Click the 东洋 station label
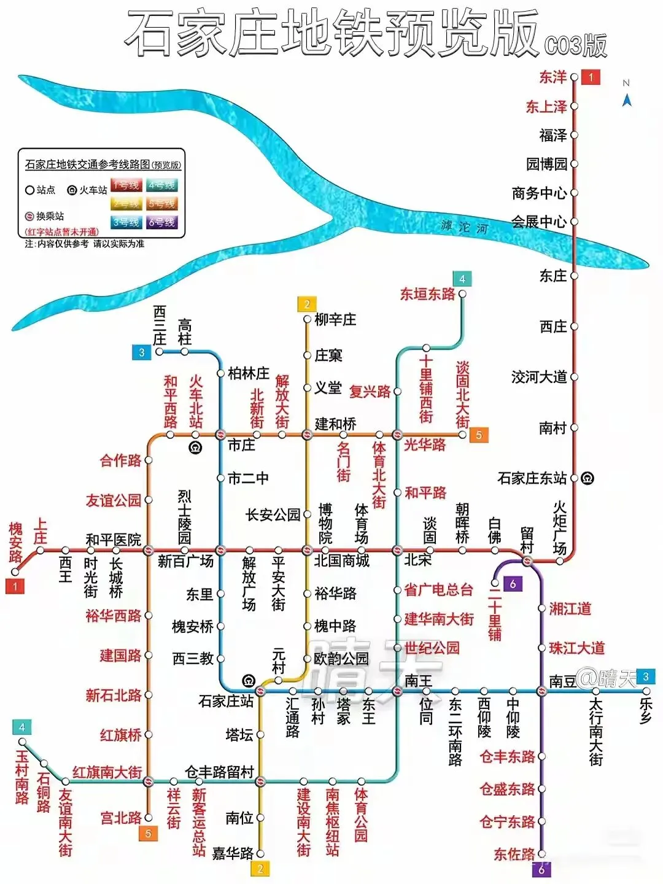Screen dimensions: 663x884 552,77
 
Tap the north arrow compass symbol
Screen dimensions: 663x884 627,98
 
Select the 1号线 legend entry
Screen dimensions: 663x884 125,185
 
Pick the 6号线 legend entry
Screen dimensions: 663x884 161,222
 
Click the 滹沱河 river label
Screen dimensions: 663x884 464,227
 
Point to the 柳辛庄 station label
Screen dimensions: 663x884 335,319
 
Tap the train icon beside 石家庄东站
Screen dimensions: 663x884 587,478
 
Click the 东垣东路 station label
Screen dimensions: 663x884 428,294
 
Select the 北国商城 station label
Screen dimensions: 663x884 342,560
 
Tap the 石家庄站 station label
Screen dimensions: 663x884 226,700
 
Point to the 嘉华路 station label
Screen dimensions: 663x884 233,853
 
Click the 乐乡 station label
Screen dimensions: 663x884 645,711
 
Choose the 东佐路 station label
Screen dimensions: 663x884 514,853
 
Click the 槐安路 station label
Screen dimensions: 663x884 15,543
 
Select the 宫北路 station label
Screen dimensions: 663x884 121,818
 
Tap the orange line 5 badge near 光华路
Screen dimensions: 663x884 479,435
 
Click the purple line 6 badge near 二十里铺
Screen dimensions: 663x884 513,584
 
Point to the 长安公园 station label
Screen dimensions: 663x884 273,515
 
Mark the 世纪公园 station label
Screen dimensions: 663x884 432,648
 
